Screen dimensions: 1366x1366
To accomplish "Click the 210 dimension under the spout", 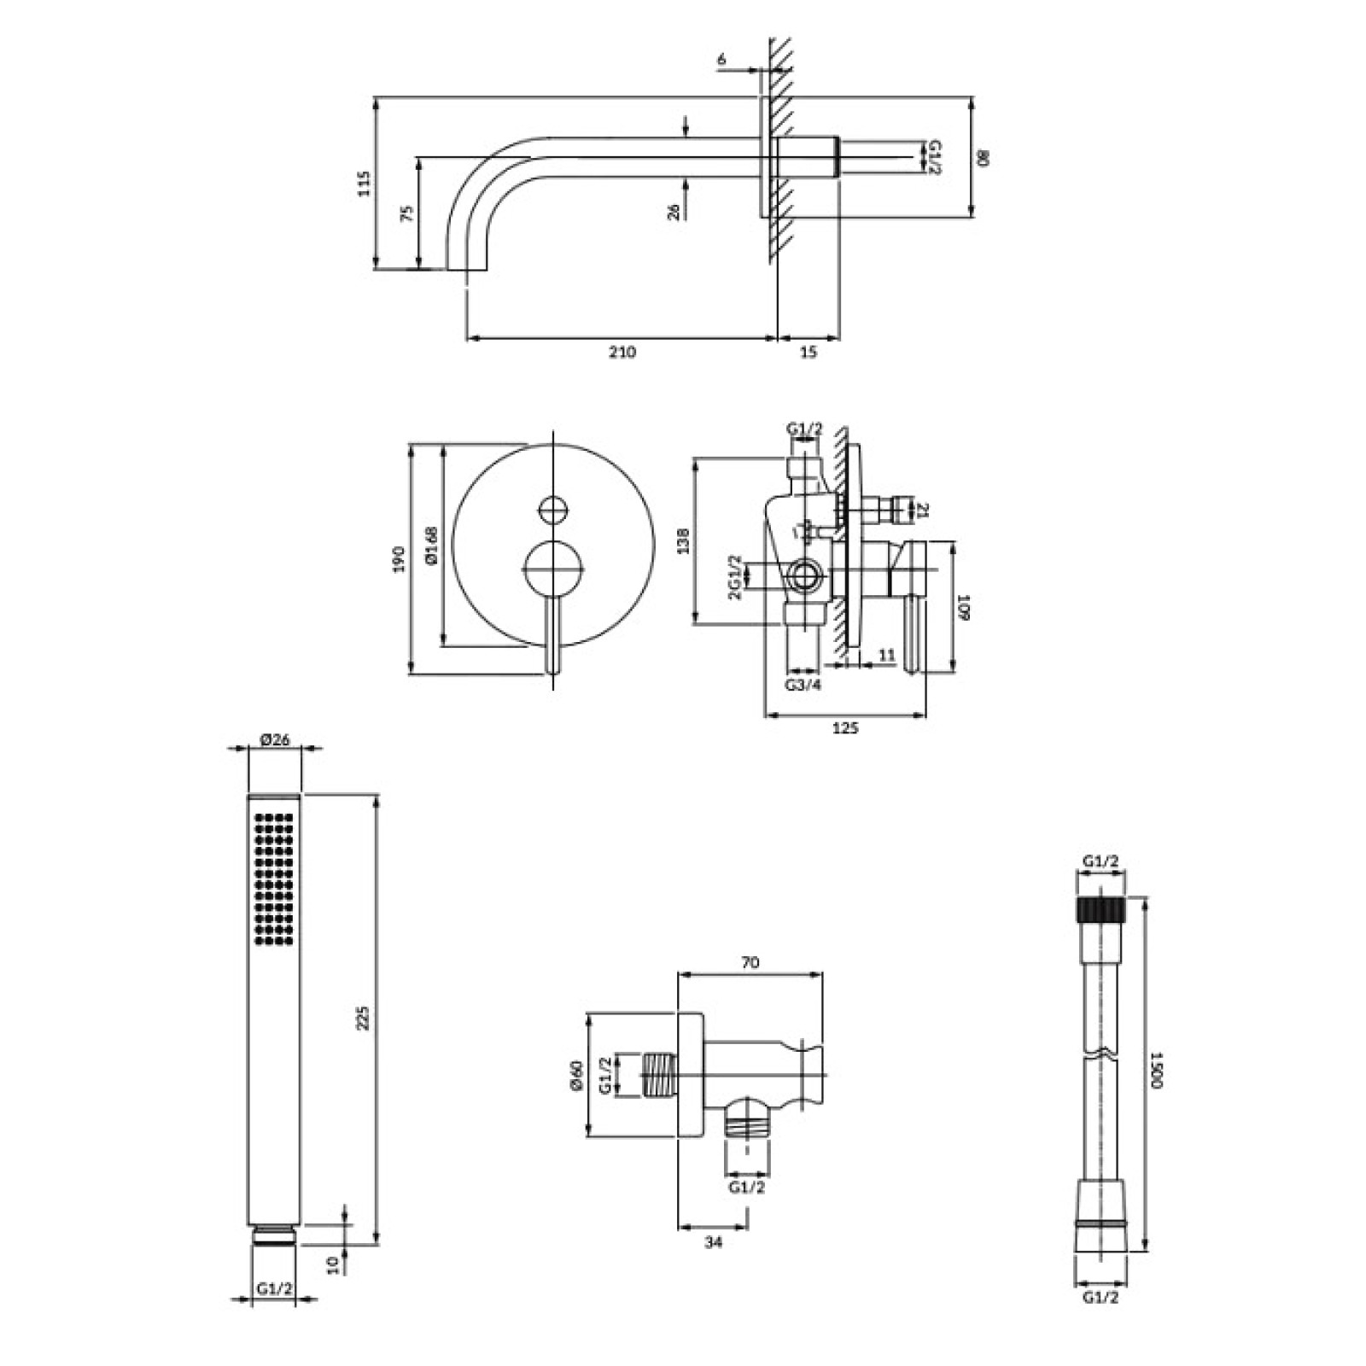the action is [622, 352].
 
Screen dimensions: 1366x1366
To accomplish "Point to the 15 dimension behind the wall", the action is [809, 352].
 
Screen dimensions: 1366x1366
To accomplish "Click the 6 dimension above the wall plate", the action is [721, 59].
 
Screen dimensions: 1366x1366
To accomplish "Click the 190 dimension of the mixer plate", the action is [399, 560].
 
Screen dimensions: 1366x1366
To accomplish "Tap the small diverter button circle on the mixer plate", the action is [552, 511].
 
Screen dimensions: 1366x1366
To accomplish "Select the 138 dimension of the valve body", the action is [682, 541].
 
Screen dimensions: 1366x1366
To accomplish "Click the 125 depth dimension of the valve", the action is [844, 727].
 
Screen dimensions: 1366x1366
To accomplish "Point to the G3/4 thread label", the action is [803, 685].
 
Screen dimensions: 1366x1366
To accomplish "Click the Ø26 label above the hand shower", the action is [274, 739].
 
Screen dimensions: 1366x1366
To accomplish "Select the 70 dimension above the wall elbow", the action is [750, 963].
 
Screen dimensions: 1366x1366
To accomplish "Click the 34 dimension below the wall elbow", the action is [714, 1242].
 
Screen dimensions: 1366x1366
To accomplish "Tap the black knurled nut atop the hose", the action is [1100, 908].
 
